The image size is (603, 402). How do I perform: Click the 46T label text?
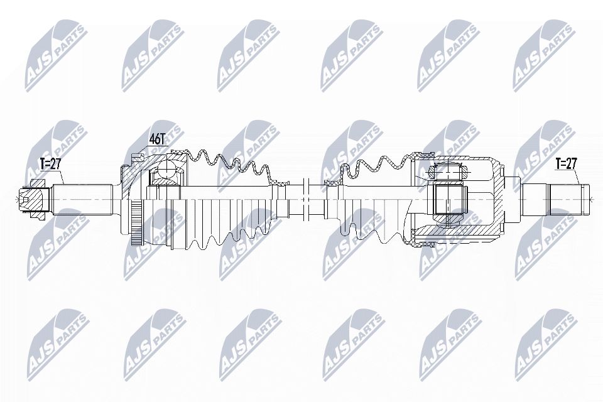156,138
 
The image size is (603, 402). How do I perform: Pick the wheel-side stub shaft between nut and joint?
82,198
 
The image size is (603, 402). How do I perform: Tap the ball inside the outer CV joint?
167,169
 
